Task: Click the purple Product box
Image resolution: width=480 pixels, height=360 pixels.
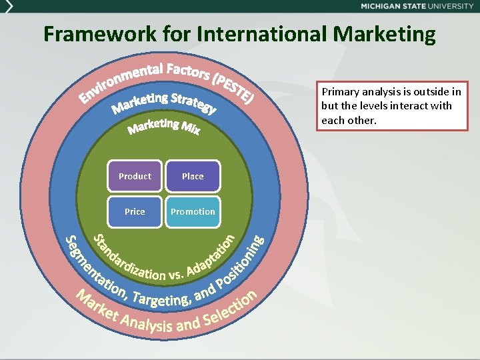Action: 135,176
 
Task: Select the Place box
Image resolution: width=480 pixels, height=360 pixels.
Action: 193,176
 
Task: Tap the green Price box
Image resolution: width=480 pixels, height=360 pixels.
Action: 135,211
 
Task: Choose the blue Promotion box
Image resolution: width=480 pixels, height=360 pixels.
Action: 193,211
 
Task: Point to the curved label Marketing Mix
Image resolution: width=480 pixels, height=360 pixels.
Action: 164,126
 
